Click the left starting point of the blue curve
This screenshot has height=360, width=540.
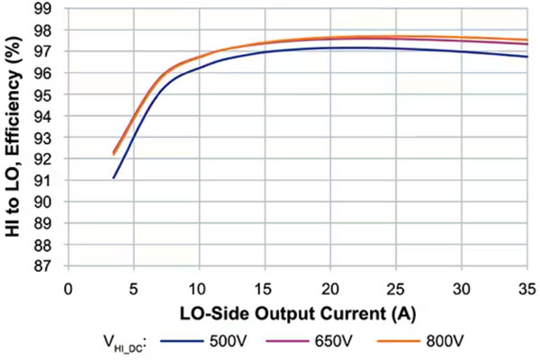click(113, 178)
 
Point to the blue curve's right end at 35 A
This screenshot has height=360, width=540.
click(526, 57)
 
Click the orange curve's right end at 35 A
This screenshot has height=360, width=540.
click(526, 40)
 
